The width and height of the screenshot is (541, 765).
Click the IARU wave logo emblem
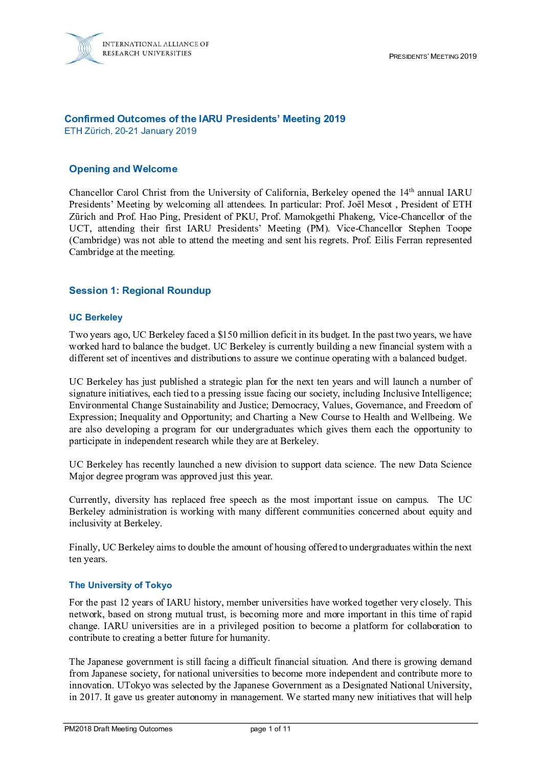(84, 49)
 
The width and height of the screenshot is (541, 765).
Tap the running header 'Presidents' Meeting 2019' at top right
(433, 56)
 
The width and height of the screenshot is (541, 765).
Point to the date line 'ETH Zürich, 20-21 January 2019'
(130, 131)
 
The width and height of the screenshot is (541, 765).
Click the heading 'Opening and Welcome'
(123, 169)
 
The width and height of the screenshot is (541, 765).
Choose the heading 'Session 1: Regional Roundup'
(140, 291)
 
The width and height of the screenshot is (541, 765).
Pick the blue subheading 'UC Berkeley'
(96, 317)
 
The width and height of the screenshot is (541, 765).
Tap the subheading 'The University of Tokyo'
(120, 585)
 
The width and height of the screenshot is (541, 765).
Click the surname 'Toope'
(459, 228)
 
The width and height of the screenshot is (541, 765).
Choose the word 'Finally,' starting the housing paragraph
(84, 547)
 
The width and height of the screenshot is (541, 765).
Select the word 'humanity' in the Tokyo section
(251, 638)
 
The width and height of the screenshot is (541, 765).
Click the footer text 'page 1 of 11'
(270, 729)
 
